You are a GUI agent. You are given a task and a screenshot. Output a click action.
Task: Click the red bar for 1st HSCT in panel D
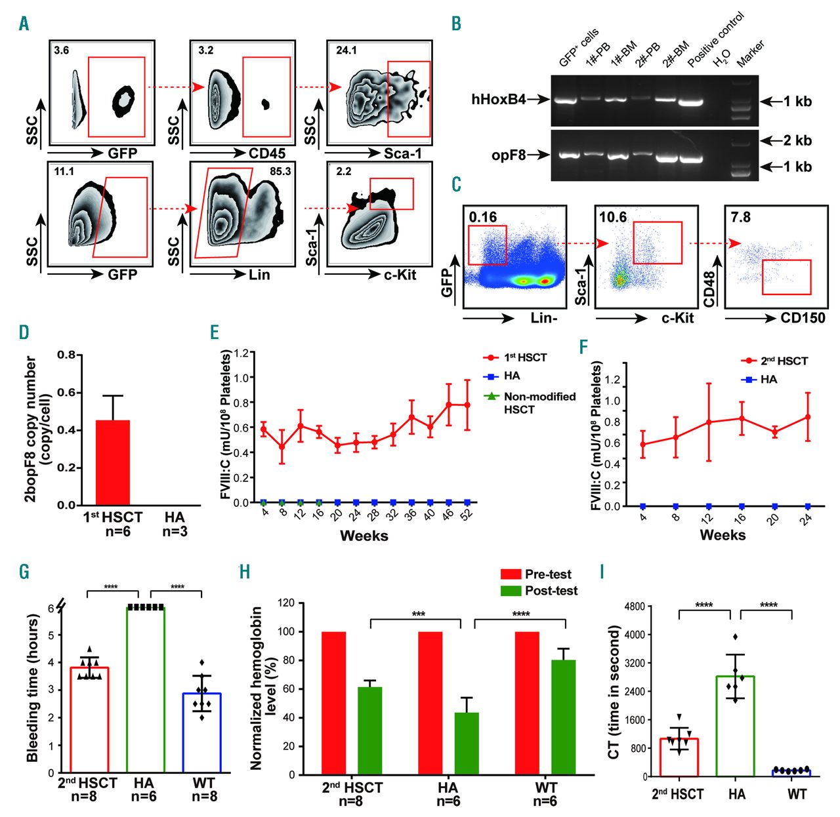coord(113,462)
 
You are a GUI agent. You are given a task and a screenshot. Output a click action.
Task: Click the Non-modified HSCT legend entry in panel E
coord(539,403)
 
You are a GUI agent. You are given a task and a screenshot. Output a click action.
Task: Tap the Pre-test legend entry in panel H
coord(548,574)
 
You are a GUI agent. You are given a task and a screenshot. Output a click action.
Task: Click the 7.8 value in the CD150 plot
coord(741,216)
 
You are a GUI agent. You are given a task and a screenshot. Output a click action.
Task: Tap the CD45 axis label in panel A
coord(267,153)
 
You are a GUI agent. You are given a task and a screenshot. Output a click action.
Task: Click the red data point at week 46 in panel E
coord(449,405)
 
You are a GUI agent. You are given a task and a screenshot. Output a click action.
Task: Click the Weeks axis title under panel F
coord(723,535)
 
